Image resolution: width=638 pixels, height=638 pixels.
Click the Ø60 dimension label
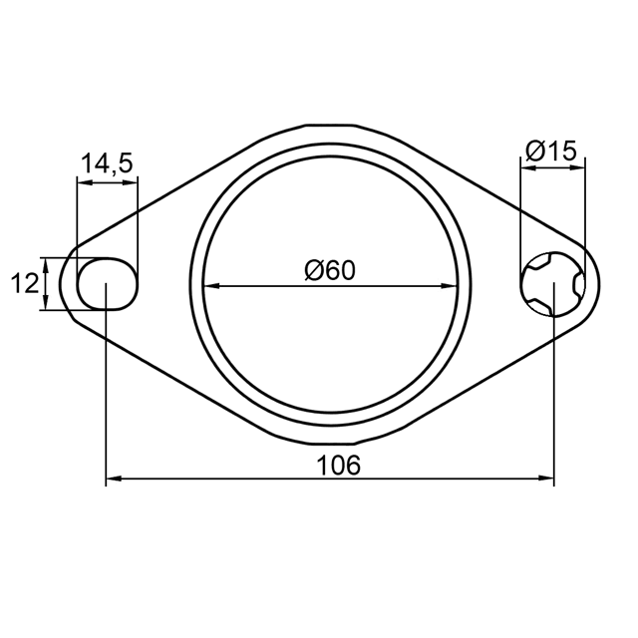[330, 270]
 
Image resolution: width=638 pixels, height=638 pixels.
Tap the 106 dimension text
[338, 466]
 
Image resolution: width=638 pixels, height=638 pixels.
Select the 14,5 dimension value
[107, 163]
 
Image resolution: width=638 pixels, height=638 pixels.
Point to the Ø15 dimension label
[551, 151]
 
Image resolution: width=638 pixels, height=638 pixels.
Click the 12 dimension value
[24, 283]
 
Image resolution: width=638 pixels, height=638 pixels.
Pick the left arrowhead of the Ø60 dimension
[211, 286]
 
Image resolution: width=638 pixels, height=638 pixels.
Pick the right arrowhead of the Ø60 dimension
[450, 286]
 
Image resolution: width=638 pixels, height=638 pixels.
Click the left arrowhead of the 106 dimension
[114, 478]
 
